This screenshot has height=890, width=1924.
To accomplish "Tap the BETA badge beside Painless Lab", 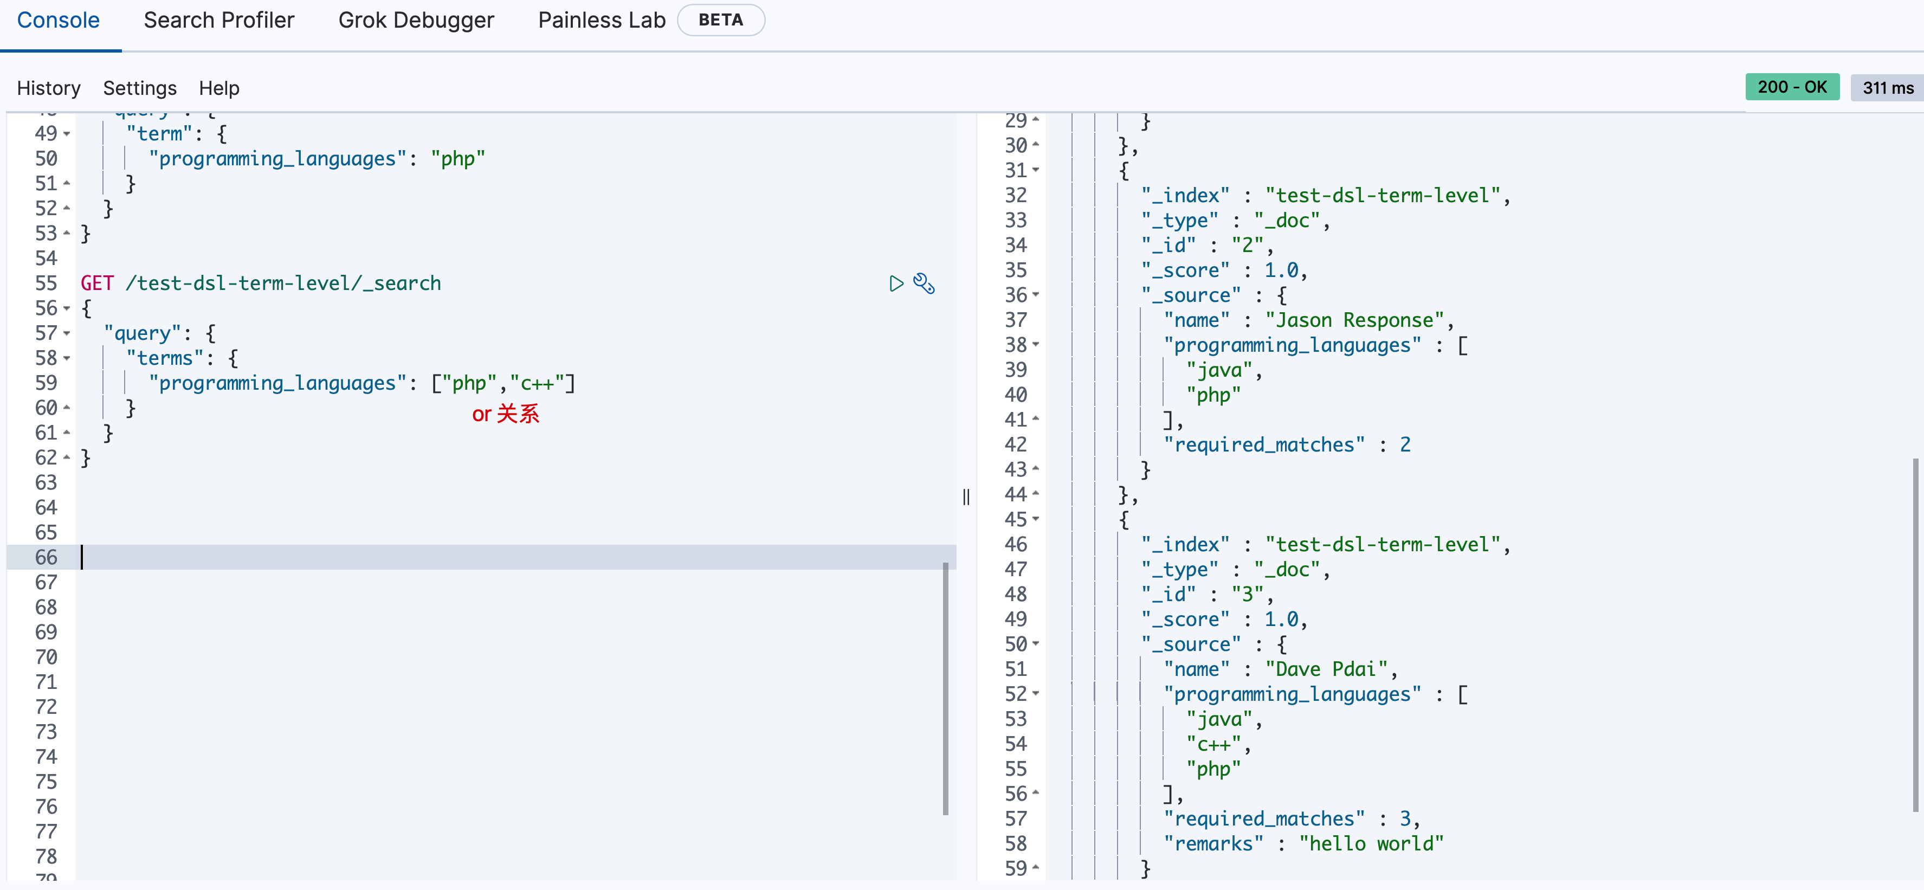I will (x=720, y=20).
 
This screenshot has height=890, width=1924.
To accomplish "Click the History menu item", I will (x=49, y=88).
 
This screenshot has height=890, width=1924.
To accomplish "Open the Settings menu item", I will (x=140, y=88).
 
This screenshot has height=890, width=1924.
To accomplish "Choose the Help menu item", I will (x=219, y=88).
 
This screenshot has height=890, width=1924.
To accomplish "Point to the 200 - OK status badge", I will (x=1792, y=87).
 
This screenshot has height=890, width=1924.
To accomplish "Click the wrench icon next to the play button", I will (x=924, y=283).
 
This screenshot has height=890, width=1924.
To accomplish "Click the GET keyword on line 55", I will (x=97, y=283).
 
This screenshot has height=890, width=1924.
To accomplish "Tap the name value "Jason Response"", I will (x=1355, y=320).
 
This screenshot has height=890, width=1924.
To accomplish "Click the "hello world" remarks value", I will (x=1371, y=844).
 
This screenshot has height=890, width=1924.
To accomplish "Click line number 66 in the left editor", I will (x=46, y=557).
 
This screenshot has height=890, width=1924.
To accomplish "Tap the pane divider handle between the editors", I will (x=966, y=497).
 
